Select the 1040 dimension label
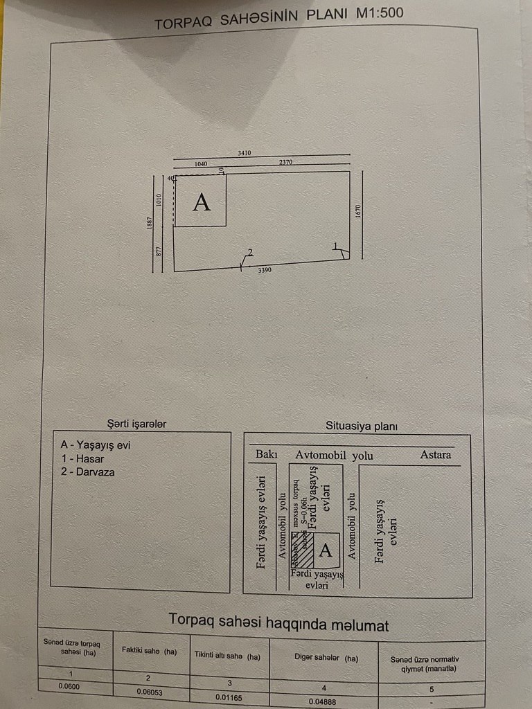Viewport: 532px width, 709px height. click(x=201, y=164)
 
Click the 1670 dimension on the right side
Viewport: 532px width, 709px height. click(x=358, y=210)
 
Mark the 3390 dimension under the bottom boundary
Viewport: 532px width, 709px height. click(x=265, y=270)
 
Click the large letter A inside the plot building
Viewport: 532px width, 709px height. click(x=201, y=202)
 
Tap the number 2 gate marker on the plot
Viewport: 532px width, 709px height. click(x=250, y=252)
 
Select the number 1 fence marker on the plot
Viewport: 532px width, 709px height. click(x=335, y=246)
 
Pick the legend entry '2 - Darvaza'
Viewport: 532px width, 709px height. click(x=87, y=472)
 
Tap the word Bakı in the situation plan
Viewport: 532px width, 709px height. click(x=267, y=455)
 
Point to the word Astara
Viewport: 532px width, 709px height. click(x=436, y=455)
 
